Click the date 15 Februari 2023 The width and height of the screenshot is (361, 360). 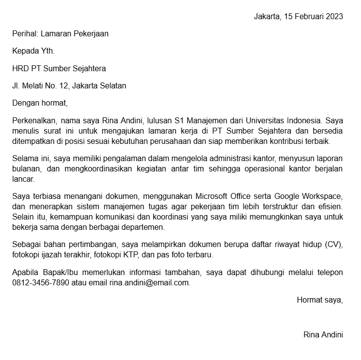(313, 16)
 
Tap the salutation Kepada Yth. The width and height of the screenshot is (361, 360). (33, 51)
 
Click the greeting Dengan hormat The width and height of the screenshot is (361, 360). (39, 103)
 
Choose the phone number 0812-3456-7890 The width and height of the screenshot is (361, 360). (41, 283)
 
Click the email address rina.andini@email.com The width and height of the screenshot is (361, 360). (149, 283)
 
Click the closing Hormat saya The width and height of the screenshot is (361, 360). (320, 300)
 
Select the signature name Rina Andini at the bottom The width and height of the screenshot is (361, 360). (323, 335)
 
